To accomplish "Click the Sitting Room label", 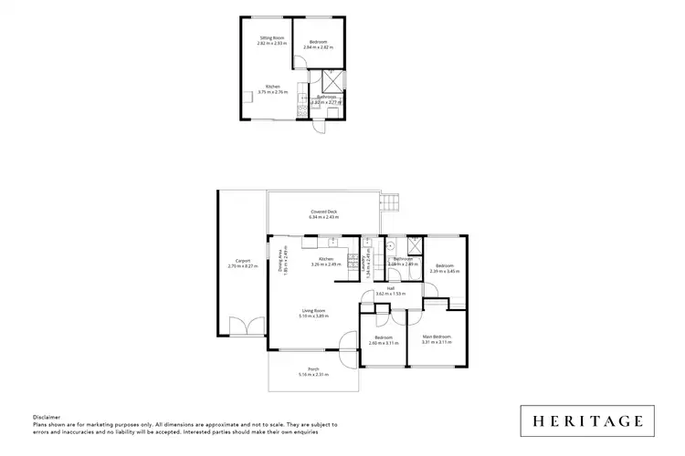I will click(272, 37).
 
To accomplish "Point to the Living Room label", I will click(315, 311).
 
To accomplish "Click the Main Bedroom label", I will click(437, 337).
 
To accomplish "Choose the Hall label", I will click(390, 288).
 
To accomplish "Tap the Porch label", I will click(312, 369).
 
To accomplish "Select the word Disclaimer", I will click(47, 417).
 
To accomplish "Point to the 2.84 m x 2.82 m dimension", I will click(318, 47).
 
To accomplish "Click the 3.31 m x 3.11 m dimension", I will click(437, 342).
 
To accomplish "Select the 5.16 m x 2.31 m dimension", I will click(312, 375).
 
